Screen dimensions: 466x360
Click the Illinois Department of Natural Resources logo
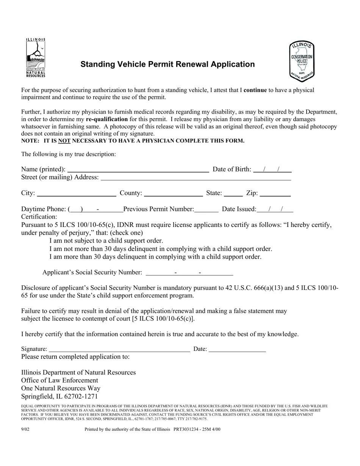36,58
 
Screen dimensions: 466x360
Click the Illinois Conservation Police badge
302,61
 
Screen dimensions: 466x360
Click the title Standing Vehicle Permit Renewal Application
167,64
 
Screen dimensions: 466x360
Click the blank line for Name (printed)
138,169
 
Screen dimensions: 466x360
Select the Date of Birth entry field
272,169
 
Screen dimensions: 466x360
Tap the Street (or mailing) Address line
196,177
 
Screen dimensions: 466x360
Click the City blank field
77,193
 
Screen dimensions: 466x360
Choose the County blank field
173,193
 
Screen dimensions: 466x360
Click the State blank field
233,193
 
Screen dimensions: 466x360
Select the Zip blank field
275,193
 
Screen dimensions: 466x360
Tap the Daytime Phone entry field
95,209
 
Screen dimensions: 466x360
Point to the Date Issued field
275,209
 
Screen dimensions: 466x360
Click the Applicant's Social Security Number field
189,272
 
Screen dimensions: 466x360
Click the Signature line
119,349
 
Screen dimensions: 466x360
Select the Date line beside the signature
237,349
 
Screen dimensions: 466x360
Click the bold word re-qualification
107,119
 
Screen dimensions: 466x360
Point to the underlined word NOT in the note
64,141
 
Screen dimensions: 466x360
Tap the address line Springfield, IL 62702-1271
59,396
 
